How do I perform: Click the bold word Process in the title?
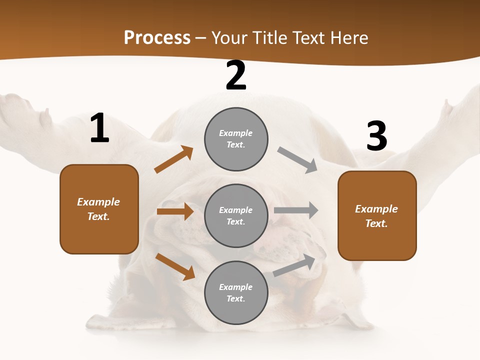pyautogui.click(x=157, y=37)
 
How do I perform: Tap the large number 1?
pyautogui.click(x=99, y=128)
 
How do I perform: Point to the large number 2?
pyautogui.click(x=236, y=76)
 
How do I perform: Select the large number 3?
pyautogui.click(x=376, y=136)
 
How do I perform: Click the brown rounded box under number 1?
pyautogui.click(x=99, y=209)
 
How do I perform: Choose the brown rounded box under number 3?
pyautogui.click(x=377, y=216)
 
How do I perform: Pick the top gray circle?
pyautogui.click(x=236, y=138)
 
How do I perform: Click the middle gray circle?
pyautogui.click(x=236, y=215)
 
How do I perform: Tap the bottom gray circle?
pyautogui.click(x=236, y=292)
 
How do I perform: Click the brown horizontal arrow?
pyautogui.click(x=175, y=211)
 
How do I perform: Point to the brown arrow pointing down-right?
pyautogui.click(x=175, y=266)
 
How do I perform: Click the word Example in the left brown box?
pyautogui.click(x=98, y=202)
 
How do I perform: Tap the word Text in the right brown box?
pyautogui.click(x=375, y=223)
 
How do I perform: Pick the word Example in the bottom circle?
pyautogui.click(x=236, y=287)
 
